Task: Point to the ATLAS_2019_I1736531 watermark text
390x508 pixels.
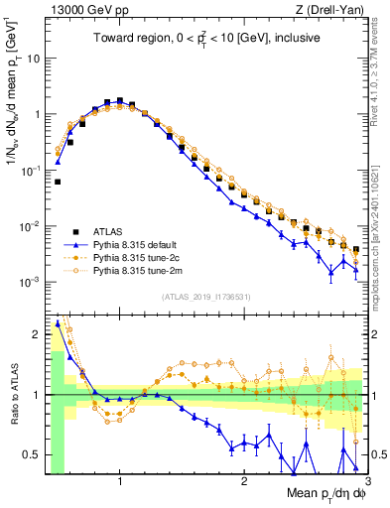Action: (205, 297)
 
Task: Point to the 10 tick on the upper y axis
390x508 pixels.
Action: (33, 58)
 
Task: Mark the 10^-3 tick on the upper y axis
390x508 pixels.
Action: (30, 282)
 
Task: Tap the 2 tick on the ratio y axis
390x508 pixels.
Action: (36, 333)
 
